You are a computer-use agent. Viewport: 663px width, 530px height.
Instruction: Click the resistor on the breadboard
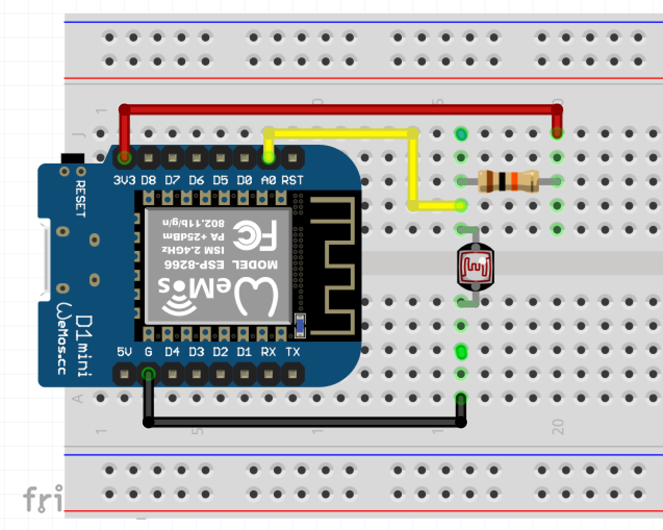(x=508, y=181)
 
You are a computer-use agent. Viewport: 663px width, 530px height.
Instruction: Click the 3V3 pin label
(x=124, y=180)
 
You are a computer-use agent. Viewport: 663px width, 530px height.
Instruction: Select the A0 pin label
(x=269, y=180)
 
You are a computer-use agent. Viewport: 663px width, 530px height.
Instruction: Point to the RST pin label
(x=292, y=180)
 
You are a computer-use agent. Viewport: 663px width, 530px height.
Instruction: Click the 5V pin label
(x=124, y=352)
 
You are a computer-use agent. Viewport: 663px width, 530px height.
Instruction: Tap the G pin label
(x=148, y=352)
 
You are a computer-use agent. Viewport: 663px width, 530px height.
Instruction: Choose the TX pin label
(x=292, y=352)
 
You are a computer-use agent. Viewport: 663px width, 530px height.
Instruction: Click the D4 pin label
(x=172, y=352)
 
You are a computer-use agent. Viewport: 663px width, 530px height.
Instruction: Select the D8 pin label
(x=148, y=180)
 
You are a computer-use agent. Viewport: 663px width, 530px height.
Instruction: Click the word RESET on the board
(x=81, y=198)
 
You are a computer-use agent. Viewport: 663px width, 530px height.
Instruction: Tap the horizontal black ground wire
(x=304, y=422)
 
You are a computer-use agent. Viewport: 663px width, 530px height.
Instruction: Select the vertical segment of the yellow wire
(x=413, y=169)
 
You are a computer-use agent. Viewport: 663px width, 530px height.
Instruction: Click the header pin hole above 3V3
(x=124, y=157)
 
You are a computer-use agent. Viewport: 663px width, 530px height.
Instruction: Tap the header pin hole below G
(x=148, y=374)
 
